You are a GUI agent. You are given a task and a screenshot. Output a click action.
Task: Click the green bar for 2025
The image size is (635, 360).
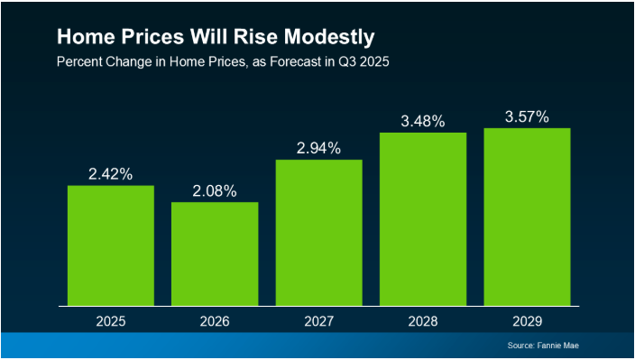111,245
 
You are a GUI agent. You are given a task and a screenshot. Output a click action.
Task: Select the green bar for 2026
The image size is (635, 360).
215,254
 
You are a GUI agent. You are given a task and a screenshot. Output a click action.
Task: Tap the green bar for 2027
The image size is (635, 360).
318,233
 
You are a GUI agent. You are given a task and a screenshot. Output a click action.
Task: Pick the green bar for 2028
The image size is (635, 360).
423,219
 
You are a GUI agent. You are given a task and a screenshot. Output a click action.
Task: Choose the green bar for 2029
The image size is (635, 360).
527,217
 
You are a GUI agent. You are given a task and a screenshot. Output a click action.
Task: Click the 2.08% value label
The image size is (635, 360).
215,190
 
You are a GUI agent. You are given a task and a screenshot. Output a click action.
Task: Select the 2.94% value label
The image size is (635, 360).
318,148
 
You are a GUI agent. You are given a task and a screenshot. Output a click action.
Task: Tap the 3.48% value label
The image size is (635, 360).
423,121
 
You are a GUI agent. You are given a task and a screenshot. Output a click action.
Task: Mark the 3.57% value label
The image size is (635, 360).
527,116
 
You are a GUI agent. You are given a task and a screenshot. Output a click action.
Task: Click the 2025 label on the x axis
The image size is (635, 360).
111,320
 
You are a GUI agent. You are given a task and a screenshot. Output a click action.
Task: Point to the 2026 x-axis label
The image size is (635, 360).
215,320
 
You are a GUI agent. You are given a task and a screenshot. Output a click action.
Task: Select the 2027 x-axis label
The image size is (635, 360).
318,320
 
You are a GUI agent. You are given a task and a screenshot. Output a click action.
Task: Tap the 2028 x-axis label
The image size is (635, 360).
423,320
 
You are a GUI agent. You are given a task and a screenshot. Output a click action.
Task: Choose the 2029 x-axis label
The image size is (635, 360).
527,320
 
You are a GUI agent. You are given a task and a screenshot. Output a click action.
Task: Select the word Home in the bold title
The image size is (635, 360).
84,39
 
